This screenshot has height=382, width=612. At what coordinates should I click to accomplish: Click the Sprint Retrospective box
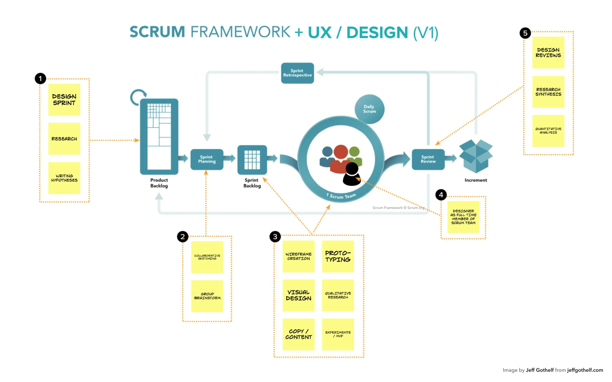click(297, 73)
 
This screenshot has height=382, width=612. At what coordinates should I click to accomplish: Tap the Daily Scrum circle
click(369, 109)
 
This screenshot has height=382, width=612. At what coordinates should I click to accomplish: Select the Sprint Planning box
click(207, 159)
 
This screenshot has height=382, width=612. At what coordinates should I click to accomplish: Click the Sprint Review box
click(428, 159)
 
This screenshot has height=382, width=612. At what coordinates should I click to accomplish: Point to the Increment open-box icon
click(476, 156)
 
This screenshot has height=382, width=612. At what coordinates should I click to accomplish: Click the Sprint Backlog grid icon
click(252, 160)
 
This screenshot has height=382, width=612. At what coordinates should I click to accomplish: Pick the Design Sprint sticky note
click(64, 100)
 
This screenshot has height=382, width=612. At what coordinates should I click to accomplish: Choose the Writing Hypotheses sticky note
click(64, 178)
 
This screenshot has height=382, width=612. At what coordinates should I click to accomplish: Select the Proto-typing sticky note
click(338, 256)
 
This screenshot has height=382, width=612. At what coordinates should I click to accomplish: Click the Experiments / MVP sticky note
click(338, 334)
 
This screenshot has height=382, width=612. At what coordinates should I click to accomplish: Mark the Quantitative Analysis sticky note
click(548, 131)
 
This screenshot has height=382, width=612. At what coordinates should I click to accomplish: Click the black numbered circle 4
click(441, 195)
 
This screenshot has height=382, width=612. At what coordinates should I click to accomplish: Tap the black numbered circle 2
click(182, 237)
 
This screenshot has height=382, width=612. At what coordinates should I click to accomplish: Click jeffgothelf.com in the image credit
click(585, 370)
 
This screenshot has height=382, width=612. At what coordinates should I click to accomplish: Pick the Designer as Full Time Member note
click(463, 217)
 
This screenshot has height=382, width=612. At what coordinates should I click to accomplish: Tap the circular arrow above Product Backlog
click(138, 97)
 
